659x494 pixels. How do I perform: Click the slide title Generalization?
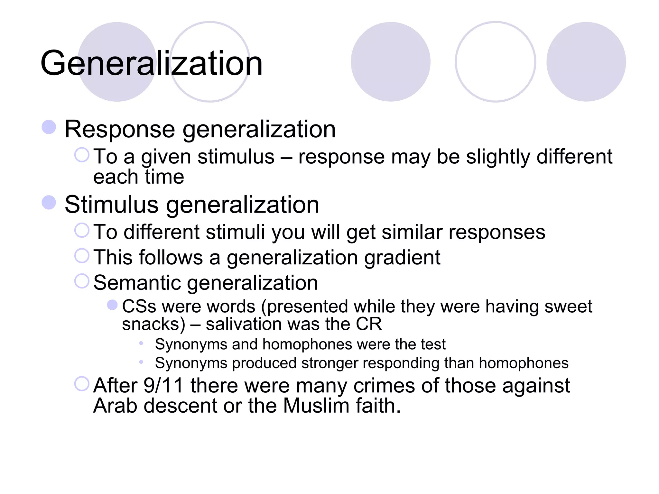pyautogui.click(x=152, y=63)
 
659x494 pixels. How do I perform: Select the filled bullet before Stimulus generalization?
pyautogui.click(x=49, y=203)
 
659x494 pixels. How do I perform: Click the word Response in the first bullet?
pyautogui.click(x=120, y=129)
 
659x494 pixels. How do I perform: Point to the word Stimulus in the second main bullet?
pyautogui.click(x=111, y=205)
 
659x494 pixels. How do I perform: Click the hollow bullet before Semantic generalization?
pyautogui.click(x=82, y=281)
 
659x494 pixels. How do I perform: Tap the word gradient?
pyautogui.click(x=402, y=258)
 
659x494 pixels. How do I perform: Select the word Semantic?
pyautogui.click(x=137, y=283)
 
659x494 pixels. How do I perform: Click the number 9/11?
pyautogui.click(x=163, y=385)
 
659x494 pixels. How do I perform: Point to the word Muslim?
pyautogui.click(x=316, y=406)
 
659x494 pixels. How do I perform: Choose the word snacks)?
pyautogui.click(x=154, y=324)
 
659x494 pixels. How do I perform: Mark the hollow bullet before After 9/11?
pyautogui.click(x=82, y=384)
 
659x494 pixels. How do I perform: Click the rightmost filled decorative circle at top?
pyautogui.click(x=586, y=62)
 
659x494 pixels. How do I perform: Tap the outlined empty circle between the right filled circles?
pyautogui.click(x=496, y=62)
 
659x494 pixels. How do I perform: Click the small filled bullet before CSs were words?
pyautogui.click(x=112, y=305)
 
